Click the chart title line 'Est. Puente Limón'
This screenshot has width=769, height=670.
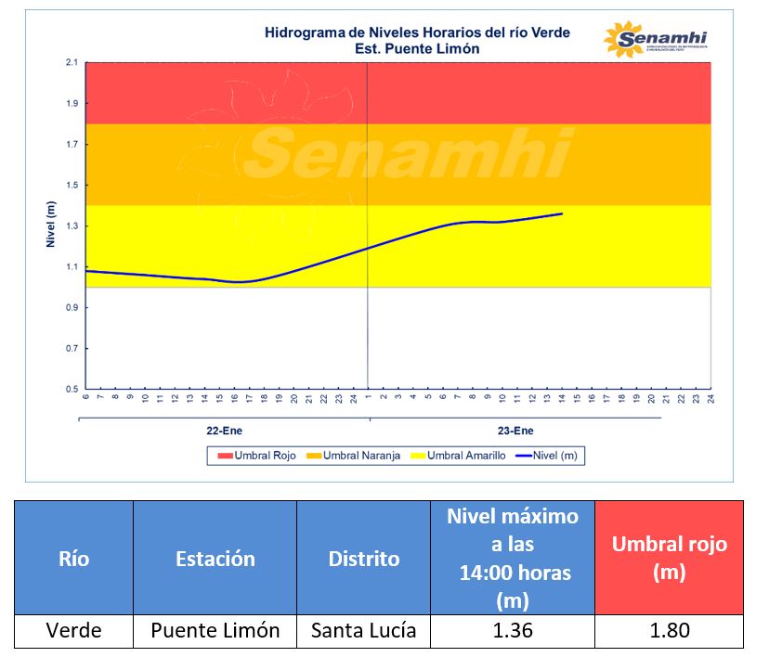point(417,48)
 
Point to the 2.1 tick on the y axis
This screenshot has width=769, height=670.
point(71,62)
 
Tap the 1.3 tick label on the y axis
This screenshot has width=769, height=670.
point(71,226)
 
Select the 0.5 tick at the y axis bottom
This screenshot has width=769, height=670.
point(71,389)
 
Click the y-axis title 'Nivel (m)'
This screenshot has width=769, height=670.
point(51,225)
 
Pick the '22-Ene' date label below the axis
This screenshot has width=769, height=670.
point(225,432)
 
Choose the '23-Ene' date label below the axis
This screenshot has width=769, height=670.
point(516,432)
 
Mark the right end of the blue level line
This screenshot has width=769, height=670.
point(562,213)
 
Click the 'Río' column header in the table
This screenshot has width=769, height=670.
point(73,559)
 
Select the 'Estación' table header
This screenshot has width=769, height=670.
point(215,559)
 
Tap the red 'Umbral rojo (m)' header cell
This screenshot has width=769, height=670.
point(669,559)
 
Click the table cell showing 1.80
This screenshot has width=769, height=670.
point(669,631)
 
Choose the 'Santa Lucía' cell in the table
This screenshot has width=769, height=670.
point(364,631)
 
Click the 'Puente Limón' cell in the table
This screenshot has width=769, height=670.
point(215,631)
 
